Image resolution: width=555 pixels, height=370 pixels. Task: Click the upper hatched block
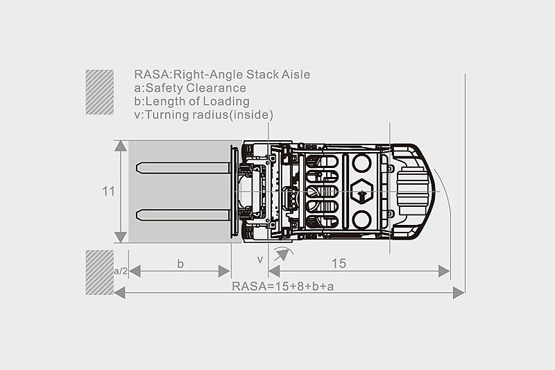click(x=99, y=92)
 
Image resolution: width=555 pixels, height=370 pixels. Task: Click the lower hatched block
click(x=99, y=272)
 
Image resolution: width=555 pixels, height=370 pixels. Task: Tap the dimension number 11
click(x=109, y=192)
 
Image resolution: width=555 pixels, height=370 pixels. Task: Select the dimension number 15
click(x=339, y=263)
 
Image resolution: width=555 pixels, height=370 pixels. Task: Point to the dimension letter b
click(x=180, y=264)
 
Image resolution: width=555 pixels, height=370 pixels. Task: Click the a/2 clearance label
click(x=121, y=271)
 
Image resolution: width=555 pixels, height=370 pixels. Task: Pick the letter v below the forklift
click(x=260, y=260)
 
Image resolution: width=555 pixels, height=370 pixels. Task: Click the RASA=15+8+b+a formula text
click(x=282, y=286)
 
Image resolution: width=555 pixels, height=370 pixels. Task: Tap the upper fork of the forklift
click(x=182, y=167)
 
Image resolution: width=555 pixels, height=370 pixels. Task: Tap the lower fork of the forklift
click(x=182, y=215)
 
